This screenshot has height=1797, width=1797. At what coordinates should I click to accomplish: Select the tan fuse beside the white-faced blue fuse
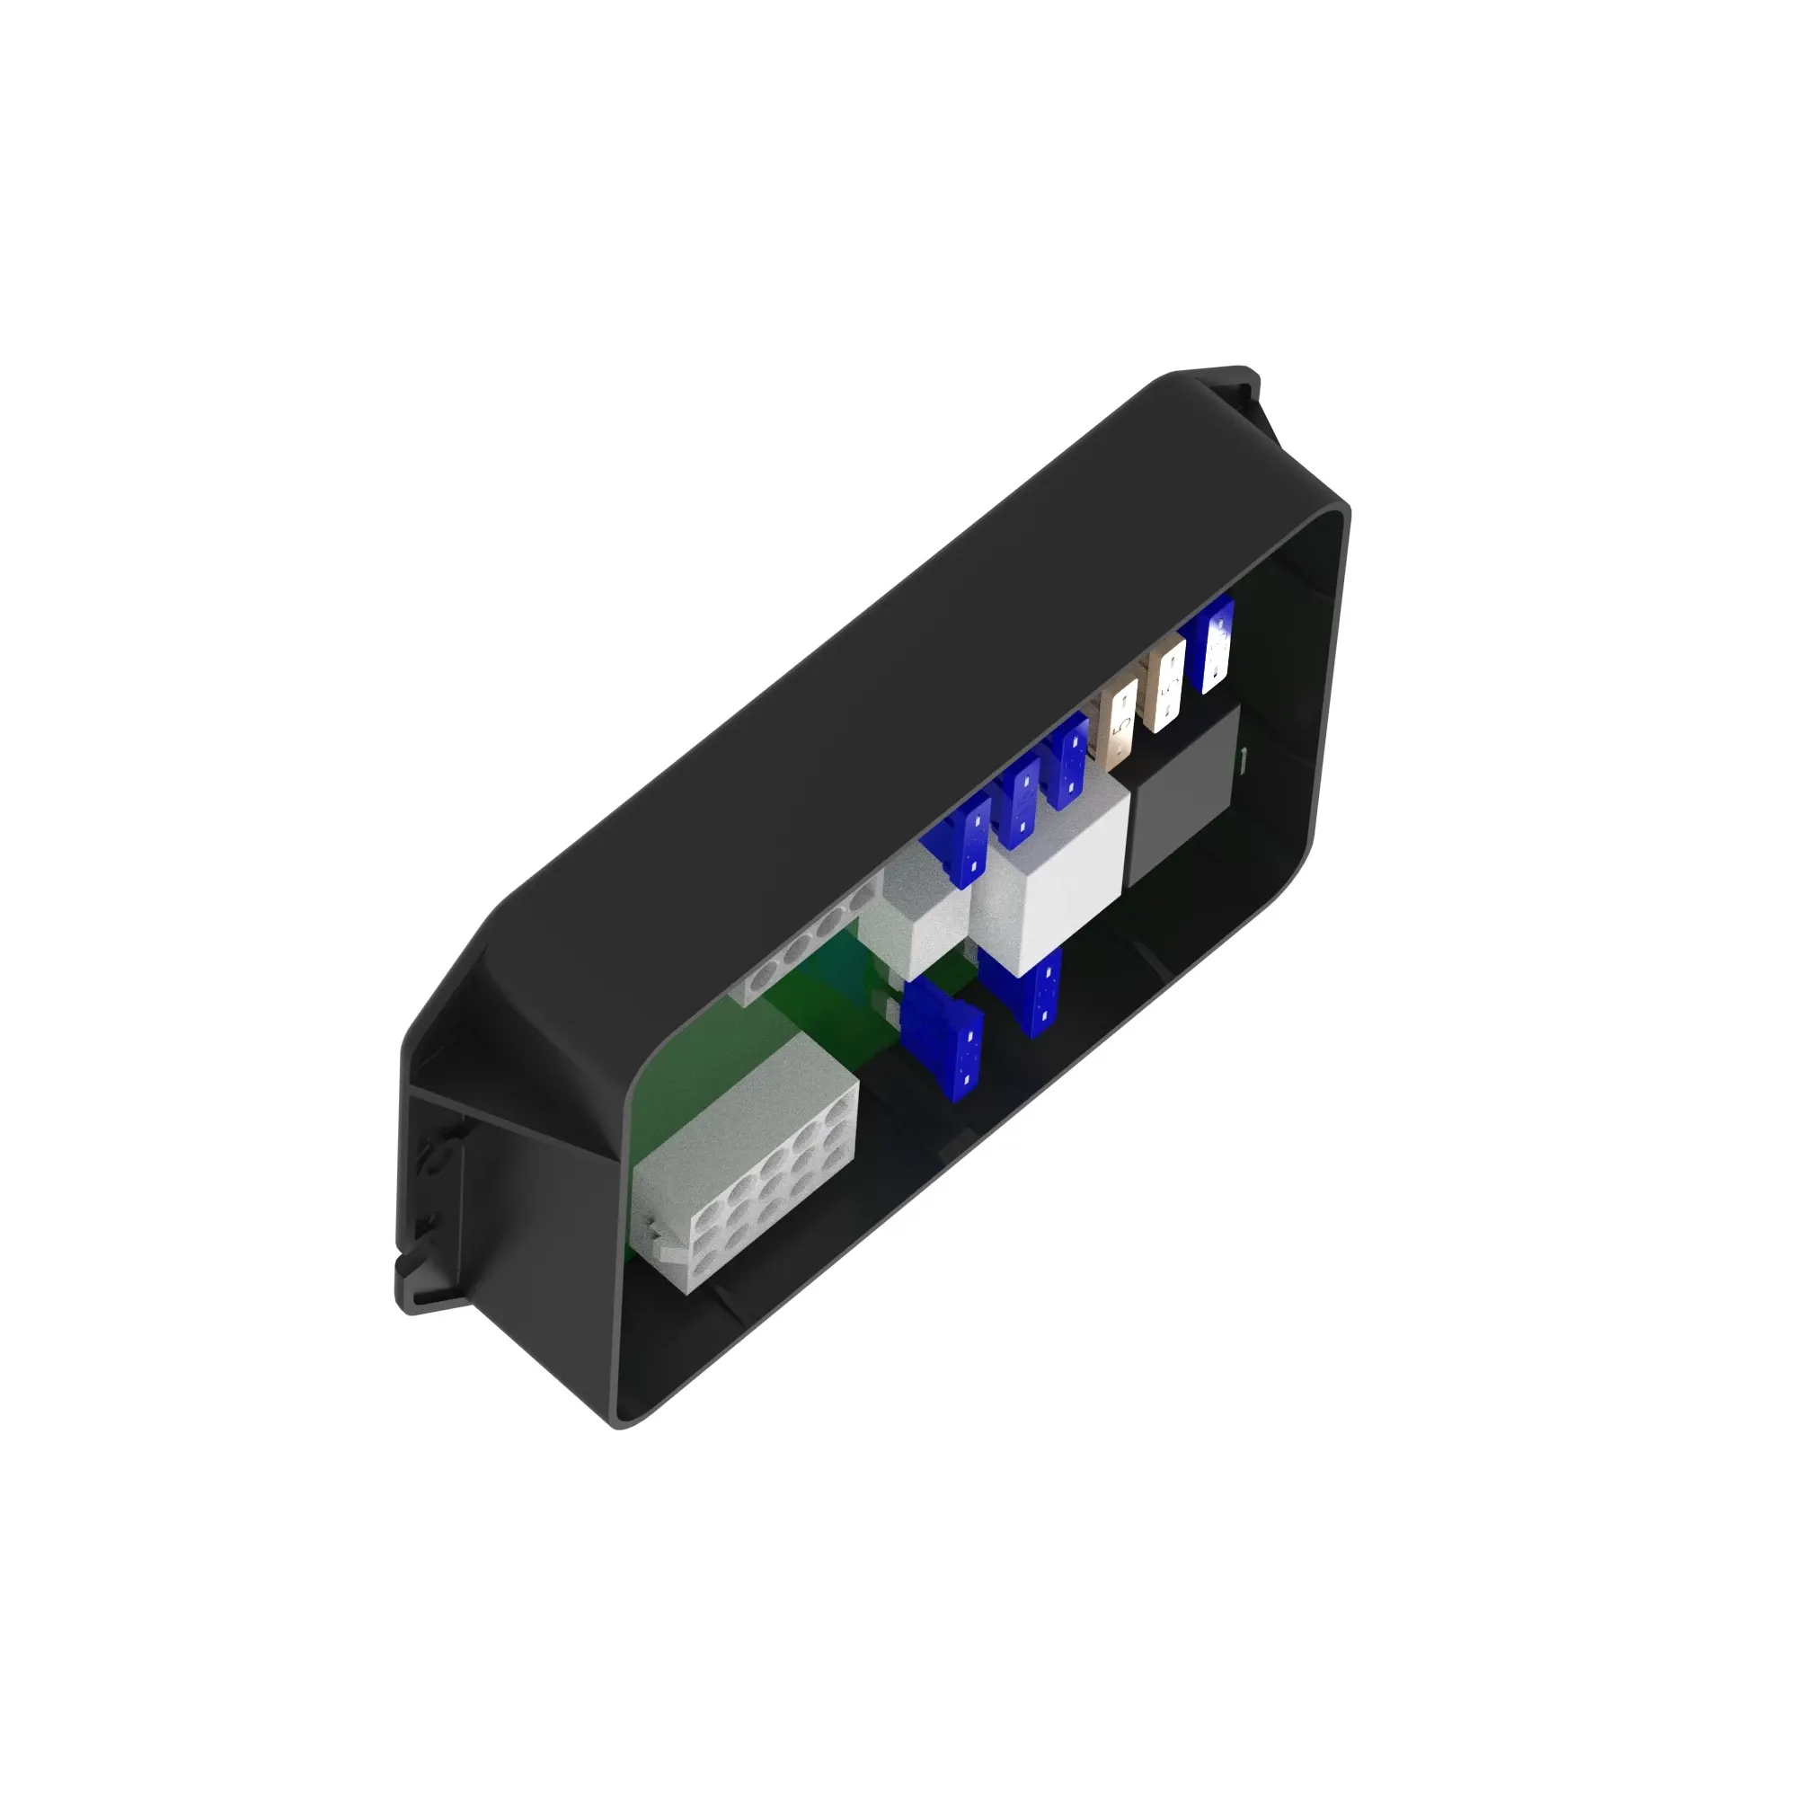tap(1164, 689)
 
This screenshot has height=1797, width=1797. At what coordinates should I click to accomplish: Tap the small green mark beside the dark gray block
tap(1244, 760)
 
